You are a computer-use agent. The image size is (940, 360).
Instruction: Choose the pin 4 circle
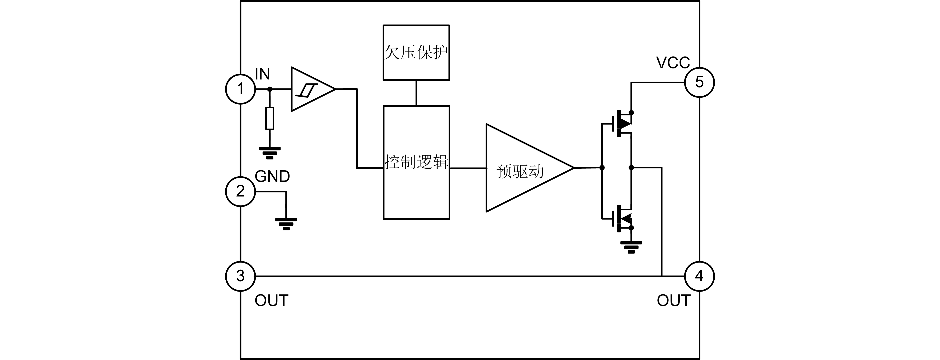click(699, 276)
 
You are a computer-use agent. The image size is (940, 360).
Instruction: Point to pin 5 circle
click(699, 82)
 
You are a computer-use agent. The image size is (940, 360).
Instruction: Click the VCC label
click(673, 63)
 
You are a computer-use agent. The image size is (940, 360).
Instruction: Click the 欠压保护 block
click(416, 53)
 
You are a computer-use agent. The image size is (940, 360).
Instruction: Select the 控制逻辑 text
click(416, 162)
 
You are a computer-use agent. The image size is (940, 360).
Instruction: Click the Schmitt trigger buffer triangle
click(310, 89)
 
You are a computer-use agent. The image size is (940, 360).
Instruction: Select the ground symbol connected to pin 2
click(286, 224)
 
